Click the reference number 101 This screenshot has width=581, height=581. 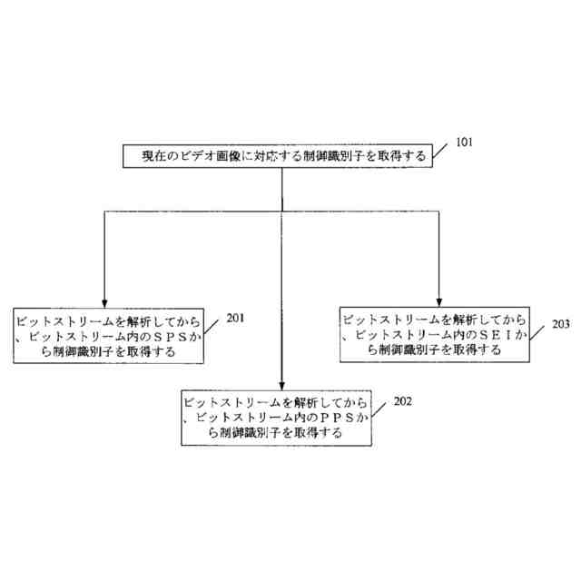(463, 143)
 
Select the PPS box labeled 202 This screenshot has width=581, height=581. (273, 418)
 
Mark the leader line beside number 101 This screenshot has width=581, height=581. (444, 151)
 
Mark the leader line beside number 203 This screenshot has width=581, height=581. (538, 330)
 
